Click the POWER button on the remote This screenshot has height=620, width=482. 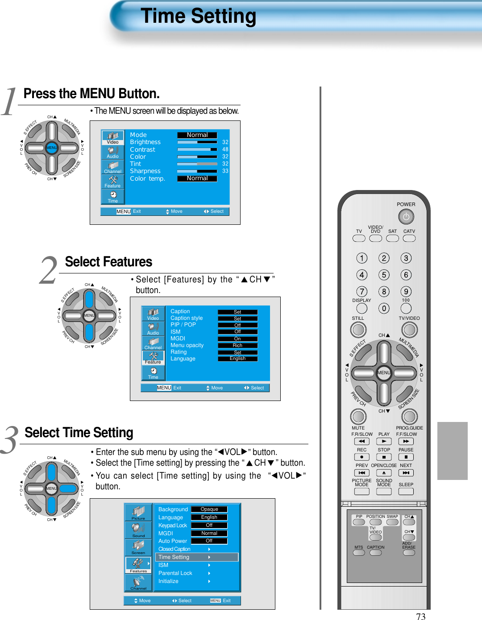tap(406, 217)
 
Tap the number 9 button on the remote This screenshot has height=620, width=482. tap(406, 291)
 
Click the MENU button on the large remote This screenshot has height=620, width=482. tap(383, 372)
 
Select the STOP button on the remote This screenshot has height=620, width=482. tap(383, 457)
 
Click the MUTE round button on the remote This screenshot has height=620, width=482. tap(358, 417)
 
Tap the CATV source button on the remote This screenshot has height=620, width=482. tap(409, 238)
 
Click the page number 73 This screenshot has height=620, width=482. tap(420, 616)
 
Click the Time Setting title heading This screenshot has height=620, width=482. tap(199, 16)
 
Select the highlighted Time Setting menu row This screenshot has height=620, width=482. tap(196, 557)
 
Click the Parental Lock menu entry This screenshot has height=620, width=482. tap(175, 573)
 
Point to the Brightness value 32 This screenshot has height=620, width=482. tap(225, 142)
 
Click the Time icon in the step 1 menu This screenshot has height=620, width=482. tap(113, 196)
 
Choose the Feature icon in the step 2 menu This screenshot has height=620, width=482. tap(153, 358)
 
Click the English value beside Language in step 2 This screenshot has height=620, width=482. tap(237, 359)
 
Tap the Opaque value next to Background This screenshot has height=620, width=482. tap(209, 509)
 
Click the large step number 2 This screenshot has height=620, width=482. tap(48, 271)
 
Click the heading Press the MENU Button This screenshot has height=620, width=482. tap(91, 94)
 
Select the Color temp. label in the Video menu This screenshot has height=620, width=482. tap(147, 178)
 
